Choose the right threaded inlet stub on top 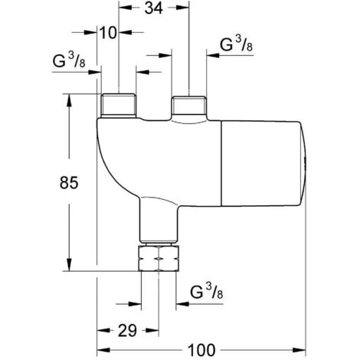pyautogui.click(x=189, y=105)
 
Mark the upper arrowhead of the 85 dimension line pyautogui.click(x=70, y=98)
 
